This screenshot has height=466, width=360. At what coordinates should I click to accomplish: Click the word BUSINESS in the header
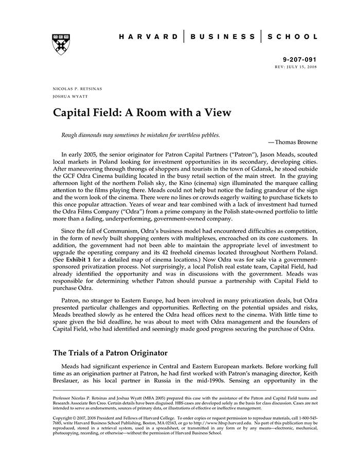[x=223, y=37]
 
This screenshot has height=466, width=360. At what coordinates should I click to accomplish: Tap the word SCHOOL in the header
[x=292, y=37]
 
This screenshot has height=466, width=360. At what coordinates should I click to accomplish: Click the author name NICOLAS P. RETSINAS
[x=77, y=88]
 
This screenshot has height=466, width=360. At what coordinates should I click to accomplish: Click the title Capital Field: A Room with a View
[x=142, y=112]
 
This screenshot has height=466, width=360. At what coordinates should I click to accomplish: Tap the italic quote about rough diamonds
[x=140, y=135]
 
